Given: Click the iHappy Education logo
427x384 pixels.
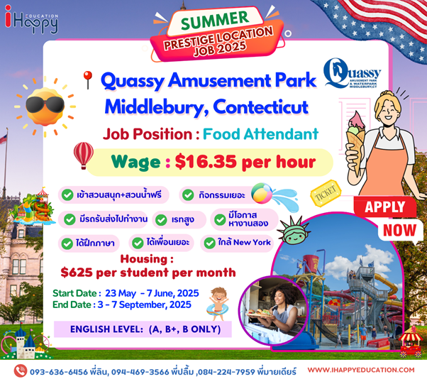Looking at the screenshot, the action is pos(31,20).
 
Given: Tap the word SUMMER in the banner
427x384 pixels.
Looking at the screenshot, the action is pos(215,20).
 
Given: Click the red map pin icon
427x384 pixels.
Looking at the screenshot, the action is pos(88,80).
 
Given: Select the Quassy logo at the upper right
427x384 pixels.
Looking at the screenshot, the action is pos(352,73).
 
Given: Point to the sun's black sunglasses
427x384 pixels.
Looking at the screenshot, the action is pos(45,104).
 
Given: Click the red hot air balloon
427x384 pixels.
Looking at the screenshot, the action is pos(83,155).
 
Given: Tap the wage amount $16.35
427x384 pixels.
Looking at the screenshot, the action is pos(206,162).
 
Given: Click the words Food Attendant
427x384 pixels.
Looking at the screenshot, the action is pos(260,134).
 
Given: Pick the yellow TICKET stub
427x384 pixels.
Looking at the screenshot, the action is pos(326,193).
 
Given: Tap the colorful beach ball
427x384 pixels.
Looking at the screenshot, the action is pos(262,193).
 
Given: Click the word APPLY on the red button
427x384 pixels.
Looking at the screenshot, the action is pos(384,207).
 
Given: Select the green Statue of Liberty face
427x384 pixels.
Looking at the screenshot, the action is pos(294,231).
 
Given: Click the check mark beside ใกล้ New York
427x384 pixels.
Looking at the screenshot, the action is pos(210,243).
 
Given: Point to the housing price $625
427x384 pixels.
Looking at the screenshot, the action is pos(77,273).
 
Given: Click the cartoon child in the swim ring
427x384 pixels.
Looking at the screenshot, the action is pos(218,303).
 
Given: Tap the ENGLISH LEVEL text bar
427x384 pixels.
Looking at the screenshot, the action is pos(143,329).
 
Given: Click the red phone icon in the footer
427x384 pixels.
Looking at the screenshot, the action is pos(21,371).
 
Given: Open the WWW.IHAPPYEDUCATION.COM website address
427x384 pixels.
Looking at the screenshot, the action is pos(361,370).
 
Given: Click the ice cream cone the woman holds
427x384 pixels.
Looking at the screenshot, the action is pos(355,142).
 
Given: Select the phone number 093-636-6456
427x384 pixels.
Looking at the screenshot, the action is pos(59,372).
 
